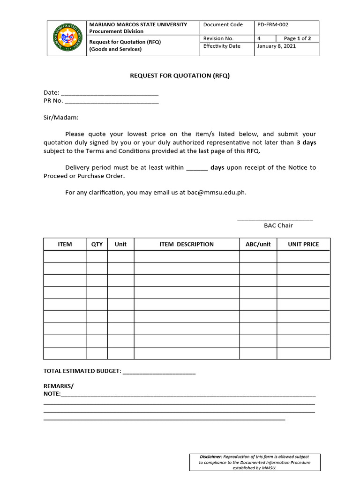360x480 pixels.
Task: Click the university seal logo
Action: (67, 38)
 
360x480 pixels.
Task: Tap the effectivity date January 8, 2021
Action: (277, 46)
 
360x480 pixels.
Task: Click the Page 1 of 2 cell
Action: (298, 38)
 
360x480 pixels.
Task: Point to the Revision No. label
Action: (218, 38)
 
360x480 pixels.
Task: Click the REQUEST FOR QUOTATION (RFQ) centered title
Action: (180, 75)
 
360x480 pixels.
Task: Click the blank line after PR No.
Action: (112, 101)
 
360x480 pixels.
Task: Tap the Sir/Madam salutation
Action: (61, 118)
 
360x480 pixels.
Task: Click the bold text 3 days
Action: (306, 142)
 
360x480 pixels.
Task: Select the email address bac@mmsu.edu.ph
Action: (216, 192)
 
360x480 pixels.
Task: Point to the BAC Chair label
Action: (278, 225)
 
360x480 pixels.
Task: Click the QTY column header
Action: (97, 244)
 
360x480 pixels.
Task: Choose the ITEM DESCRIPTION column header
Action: (186, 244)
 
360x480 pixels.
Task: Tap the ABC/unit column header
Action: (258, 244)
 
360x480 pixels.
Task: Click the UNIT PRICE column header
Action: (303, 244)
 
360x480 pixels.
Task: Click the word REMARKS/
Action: (59, 386)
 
